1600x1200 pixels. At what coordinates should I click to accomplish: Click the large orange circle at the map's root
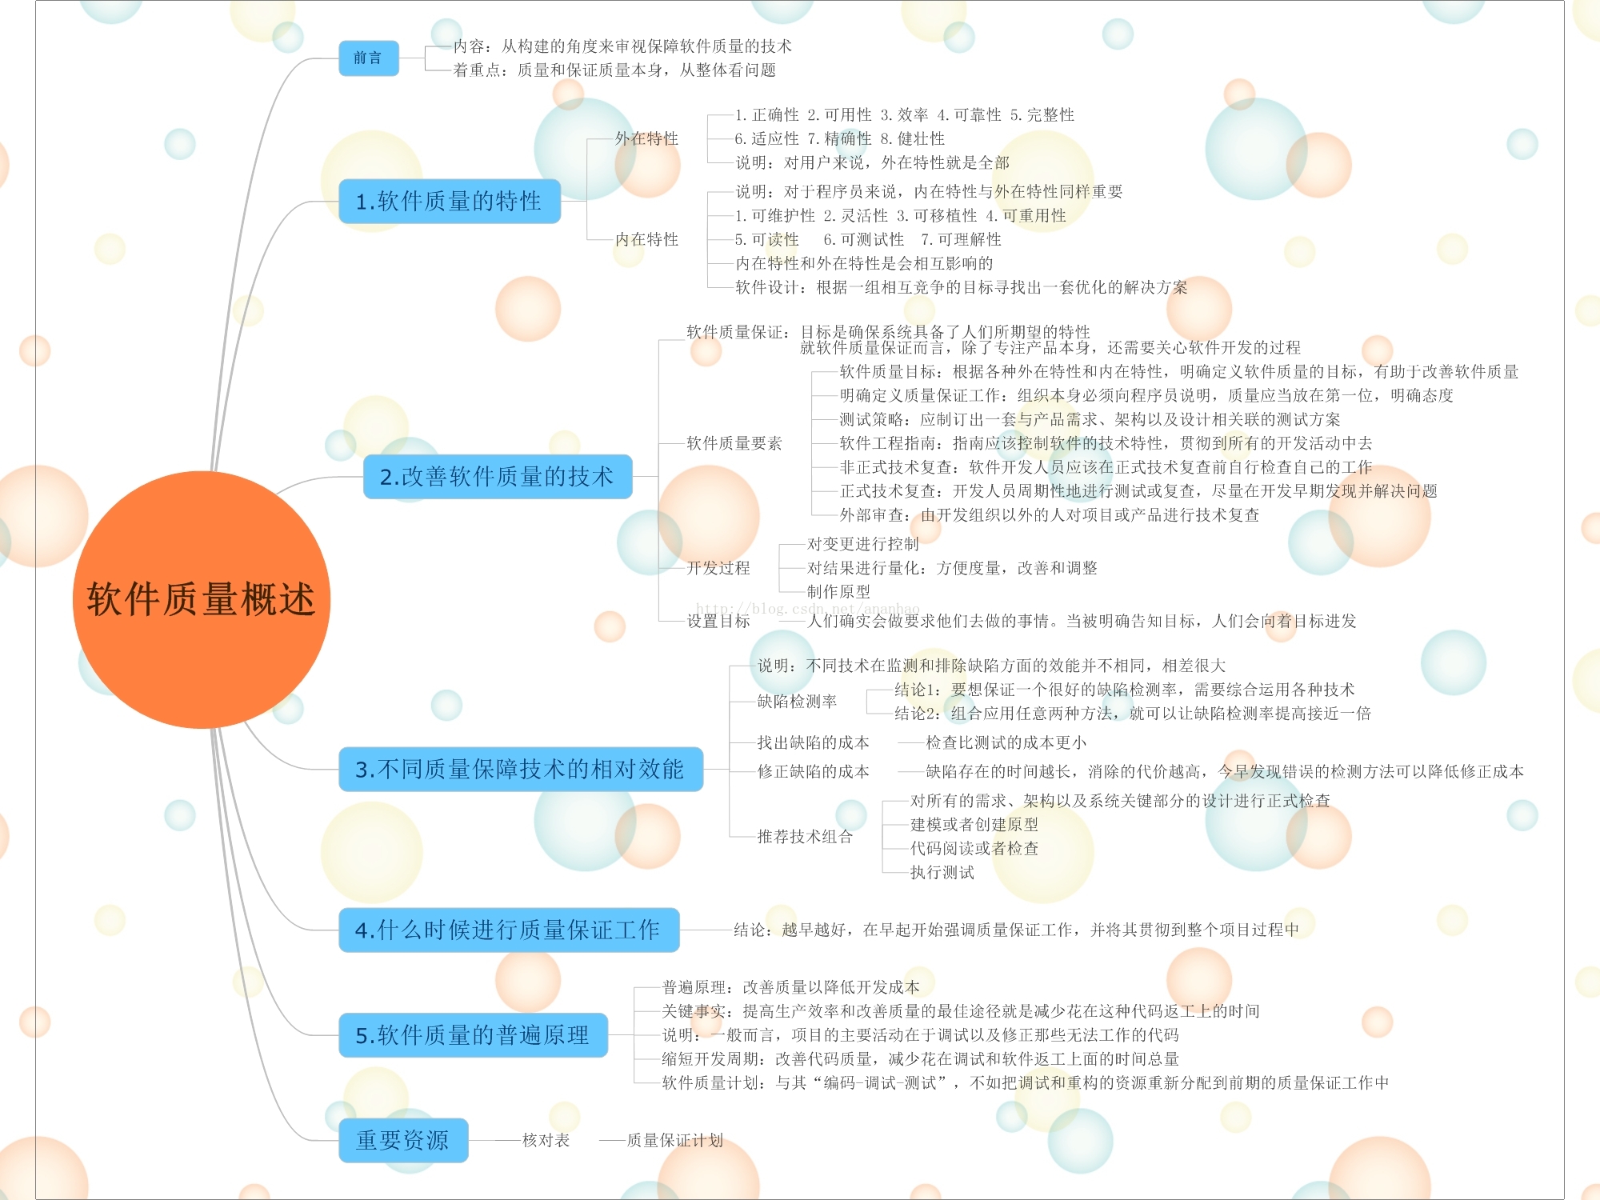click(201, 599)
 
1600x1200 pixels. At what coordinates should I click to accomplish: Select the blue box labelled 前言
click(368, 58)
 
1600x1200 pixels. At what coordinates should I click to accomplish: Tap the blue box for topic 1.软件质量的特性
click(449, 201)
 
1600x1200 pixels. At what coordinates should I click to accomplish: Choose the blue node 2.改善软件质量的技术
click(498, 477)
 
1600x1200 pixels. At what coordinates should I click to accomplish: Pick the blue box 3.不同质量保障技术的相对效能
click(520, 769)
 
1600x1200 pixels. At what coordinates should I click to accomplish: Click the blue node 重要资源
click(403, 1140)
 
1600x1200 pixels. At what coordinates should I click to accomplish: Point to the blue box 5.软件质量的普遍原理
click(473, 1035)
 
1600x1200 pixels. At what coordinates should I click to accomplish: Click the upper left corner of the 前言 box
click(339, 41)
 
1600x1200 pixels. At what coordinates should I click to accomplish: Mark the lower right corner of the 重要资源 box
click(467, 1162)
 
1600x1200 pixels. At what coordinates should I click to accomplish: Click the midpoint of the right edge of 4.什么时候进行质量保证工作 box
click(679, 930)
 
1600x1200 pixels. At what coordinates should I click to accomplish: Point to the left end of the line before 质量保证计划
click(600, 1141)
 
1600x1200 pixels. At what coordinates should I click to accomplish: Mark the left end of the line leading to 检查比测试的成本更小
click(898, 743)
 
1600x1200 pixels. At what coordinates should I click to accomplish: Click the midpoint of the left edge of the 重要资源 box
click(339, 1140)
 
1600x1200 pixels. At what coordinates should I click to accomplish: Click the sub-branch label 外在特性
click(646, 138)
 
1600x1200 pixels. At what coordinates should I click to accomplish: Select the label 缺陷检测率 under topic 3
click(797, 702)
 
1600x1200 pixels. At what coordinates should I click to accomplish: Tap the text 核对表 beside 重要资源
click(546, 1140)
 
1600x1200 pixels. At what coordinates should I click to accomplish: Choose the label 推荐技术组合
click(805, 837)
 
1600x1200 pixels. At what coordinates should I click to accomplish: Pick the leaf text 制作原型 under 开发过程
click(838, 592)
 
